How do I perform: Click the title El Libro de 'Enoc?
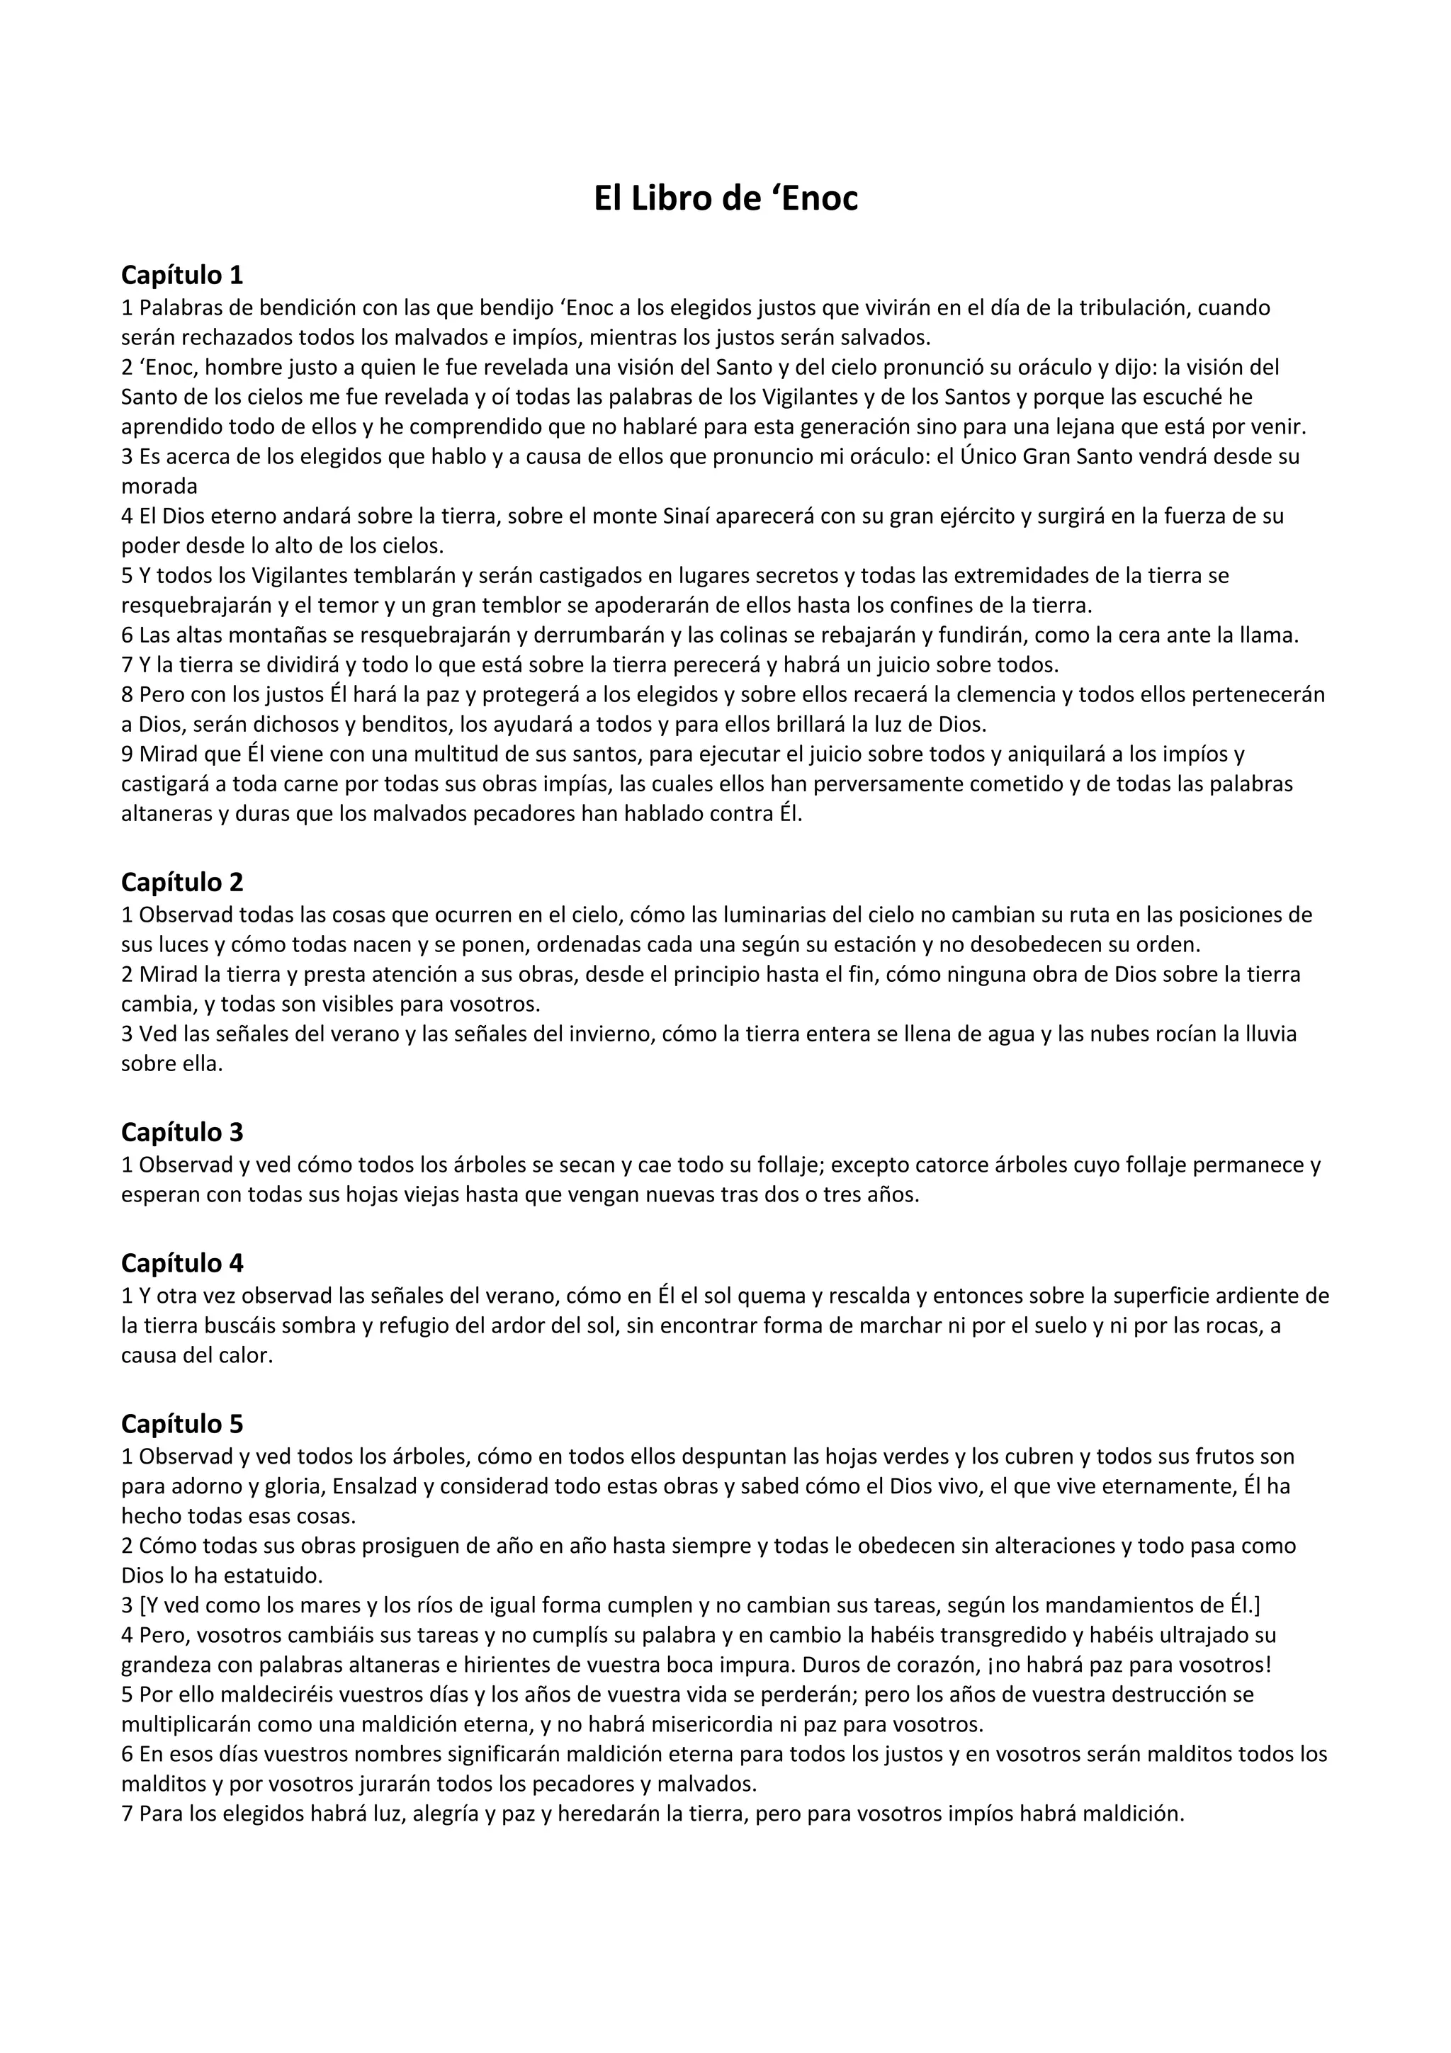tap(725, 198)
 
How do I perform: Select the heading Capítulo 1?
tap(182, 274)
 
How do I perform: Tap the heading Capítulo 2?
tap(182, 882)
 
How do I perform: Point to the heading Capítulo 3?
tap(182, 1132)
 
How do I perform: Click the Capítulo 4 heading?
tap(182, 1262)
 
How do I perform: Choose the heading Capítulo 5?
tap(182, 1423)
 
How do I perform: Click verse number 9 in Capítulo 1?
tap(127, 754)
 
